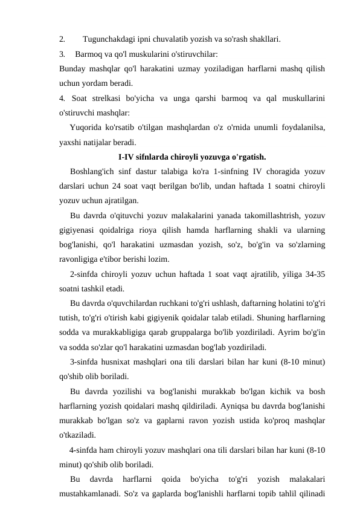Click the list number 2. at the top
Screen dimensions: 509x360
point(62,40)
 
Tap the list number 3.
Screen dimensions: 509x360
point(62,54)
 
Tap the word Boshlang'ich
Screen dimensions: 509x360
point(93,172)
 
